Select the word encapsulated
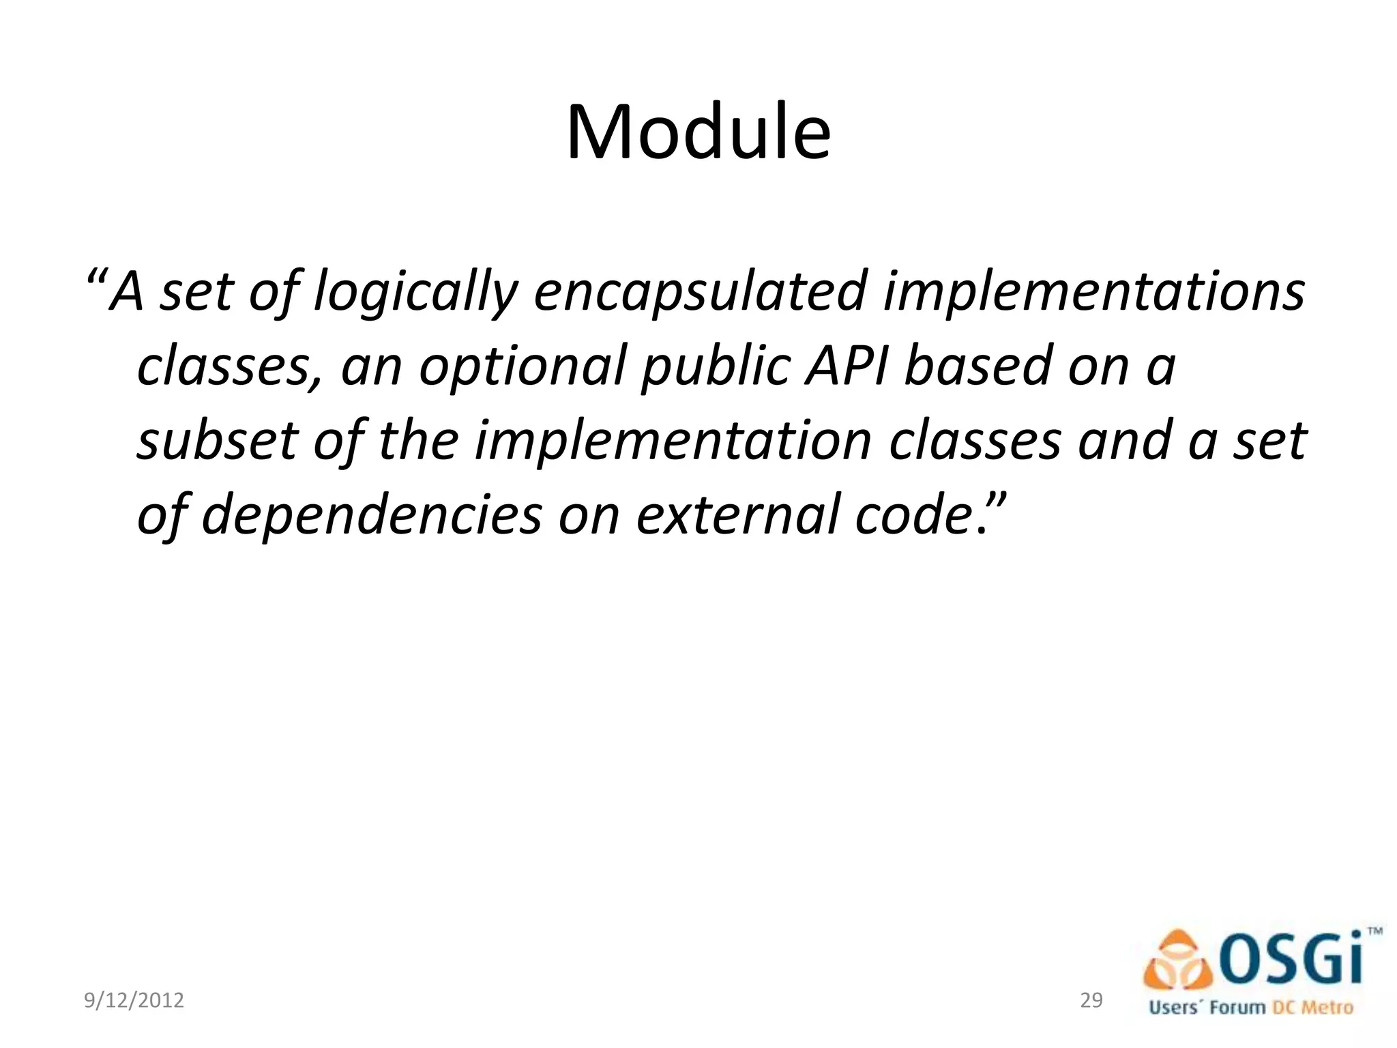(699, 292)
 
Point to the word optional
(522, 367)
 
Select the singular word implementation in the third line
(673, 441)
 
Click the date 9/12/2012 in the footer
(134, 1000)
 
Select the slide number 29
(1091, 1000)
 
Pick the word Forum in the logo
(1237, 1007)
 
